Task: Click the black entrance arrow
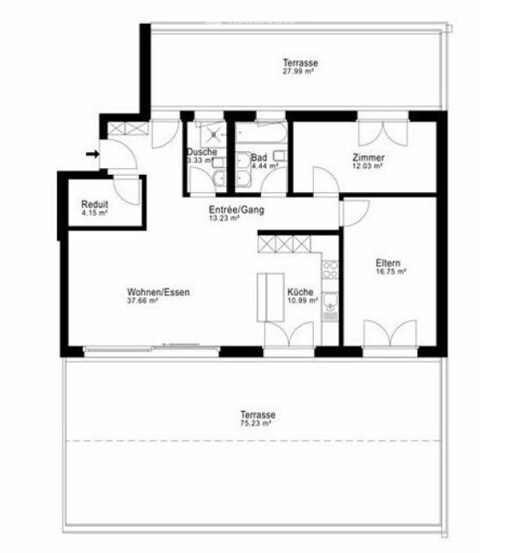93,154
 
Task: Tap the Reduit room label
95,204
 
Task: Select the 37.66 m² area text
143,300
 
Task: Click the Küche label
300,292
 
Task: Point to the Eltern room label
388,263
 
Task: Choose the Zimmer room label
369,157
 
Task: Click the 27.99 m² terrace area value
299,71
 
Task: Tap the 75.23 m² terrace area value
256,423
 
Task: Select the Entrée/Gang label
236,210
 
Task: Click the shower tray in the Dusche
212,134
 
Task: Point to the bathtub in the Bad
261,132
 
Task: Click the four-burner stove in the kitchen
331,270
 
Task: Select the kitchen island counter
271,297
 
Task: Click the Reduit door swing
127,190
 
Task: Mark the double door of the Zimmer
383,133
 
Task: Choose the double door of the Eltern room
390,333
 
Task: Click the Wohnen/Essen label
159,292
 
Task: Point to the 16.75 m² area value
391,271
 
